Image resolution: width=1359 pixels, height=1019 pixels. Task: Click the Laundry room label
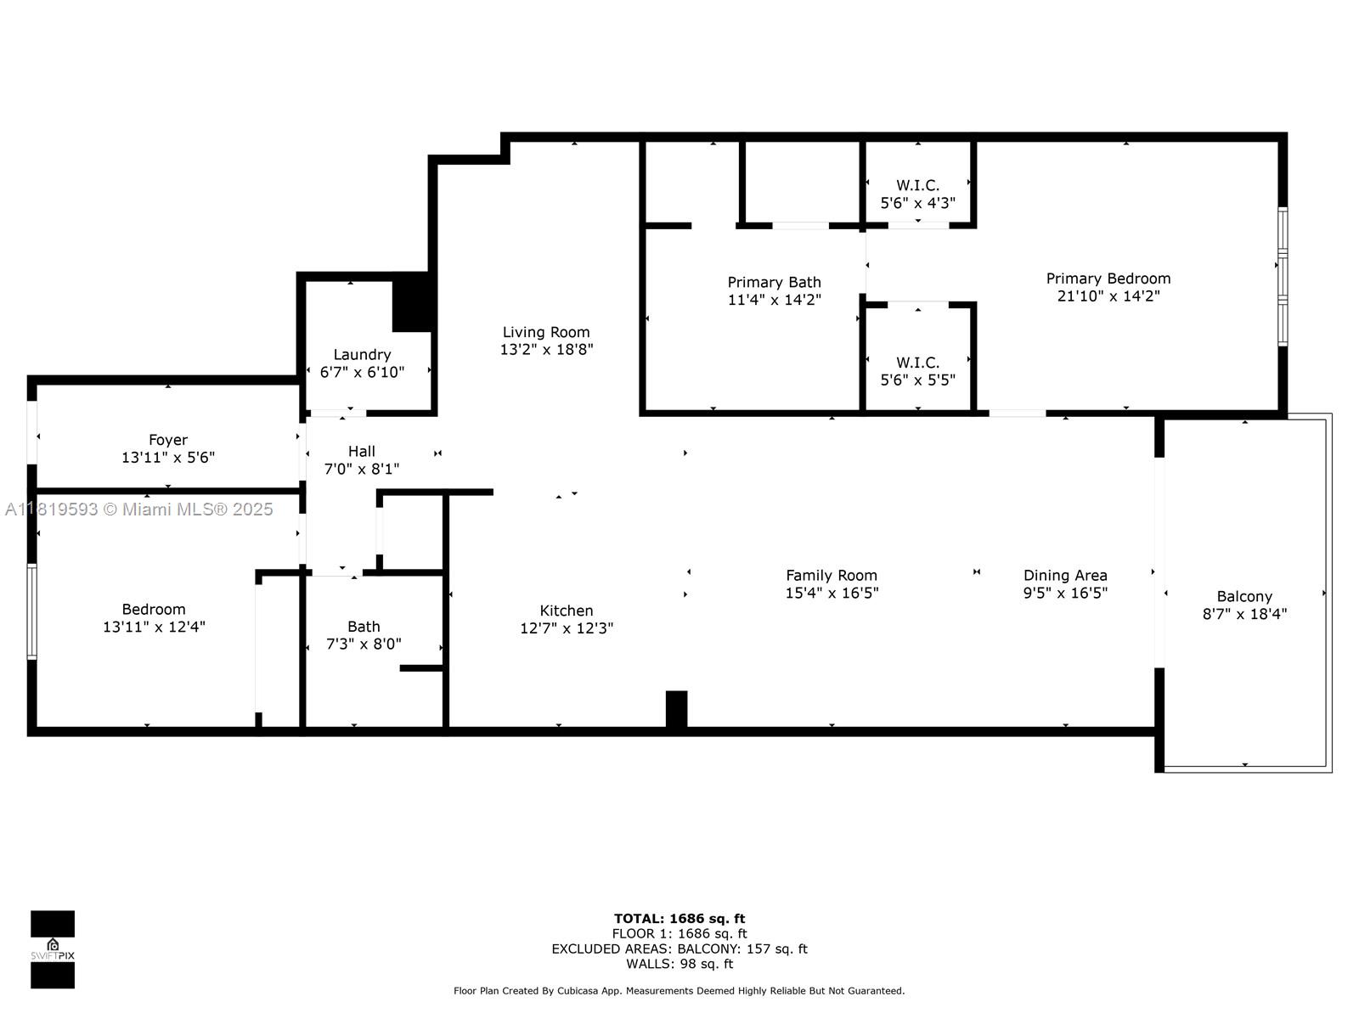coord(362,354)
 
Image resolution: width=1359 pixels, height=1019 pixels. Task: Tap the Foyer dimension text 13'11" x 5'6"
coord(168,457)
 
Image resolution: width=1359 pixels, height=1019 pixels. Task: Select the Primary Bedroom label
coord(1108,279)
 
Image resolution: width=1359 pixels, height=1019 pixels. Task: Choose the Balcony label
coord(1244,596)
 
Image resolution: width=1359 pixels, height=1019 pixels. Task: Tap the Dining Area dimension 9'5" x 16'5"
coord(1065,593)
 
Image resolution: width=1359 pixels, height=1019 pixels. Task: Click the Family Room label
coord(832,576)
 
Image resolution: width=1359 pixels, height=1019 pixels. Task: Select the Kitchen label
coord(566,611)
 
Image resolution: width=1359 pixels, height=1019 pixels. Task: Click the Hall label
coord(362,451)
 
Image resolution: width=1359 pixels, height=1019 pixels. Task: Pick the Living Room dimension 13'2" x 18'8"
coord(546,350)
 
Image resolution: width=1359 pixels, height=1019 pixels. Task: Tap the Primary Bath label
coord(774,282)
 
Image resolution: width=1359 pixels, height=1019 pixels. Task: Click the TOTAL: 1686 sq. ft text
coord(679,919)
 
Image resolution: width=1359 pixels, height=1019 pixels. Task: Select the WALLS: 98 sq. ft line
coord(679,964)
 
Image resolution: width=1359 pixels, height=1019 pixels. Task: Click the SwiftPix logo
coord(53,949)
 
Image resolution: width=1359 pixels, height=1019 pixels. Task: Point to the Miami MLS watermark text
coord(138,509)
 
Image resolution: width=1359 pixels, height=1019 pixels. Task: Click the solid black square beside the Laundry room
coord(412,302)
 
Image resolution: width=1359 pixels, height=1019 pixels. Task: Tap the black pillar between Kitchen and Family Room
coord(676,709)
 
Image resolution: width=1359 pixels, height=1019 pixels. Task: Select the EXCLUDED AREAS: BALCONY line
coord(679,949)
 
